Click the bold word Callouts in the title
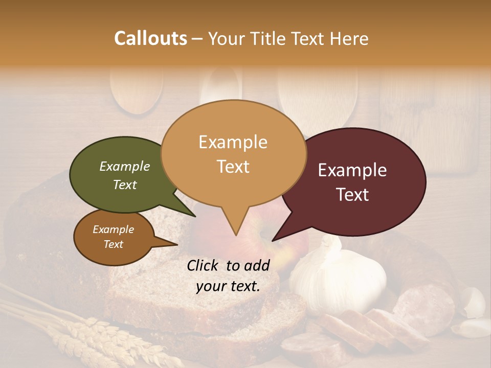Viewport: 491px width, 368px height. tap(151, 38)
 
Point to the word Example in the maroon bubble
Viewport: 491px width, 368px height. tap(352, 170)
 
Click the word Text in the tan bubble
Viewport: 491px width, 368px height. tap(233, 167)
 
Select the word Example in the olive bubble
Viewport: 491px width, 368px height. tap(124, 166)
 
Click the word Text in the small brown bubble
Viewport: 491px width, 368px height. tap(114, 244)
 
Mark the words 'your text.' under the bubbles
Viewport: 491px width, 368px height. tap(228, 286)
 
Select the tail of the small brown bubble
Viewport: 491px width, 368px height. tap(166, 242)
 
